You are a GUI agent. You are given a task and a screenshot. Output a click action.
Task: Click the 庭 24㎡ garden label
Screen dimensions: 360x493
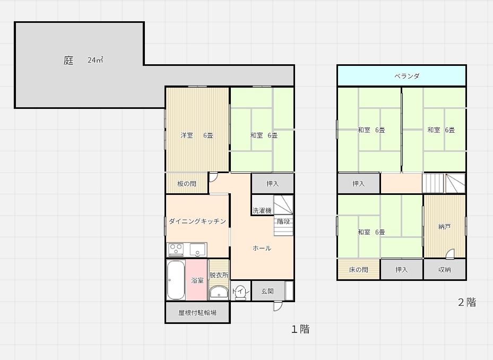83,61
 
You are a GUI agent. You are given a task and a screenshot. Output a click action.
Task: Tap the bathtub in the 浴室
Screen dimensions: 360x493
176,280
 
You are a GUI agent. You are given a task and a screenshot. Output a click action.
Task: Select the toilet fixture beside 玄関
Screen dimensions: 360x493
240,293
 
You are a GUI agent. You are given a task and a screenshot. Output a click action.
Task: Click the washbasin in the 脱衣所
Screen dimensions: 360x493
218,292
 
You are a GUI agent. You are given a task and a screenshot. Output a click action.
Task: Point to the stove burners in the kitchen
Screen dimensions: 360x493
176,248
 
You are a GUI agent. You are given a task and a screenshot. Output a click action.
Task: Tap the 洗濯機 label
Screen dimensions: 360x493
262,210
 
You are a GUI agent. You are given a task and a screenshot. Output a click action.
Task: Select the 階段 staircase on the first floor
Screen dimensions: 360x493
283,215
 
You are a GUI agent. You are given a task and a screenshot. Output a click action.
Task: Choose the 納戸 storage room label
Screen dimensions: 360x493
445,227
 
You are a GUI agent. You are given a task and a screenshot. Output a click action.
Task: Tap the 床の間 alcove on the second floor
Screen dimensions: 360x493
358,270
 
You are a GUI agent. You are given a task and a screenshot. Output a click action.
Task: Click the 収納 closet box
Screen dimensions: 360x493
445,270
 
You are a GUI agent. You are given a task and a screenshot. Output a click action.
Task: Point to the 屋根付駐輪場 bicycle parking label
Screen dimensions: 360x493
197,313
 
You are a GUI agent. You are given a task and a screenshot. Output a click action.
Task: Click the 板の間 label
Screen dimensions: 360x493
187,184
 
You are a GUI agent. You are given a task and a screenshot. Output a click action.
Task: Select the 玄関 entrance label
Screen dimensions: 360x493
267,291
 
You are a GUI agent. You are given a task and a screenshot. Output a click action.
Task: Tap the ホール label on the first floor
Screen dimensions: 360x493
262,248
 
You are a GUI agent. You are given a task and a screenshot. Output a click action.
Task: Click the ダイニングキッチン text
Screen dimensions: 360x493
197,221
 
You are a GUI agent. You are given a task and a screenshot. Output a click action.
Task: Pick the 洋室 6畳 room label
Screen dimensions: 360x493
196,135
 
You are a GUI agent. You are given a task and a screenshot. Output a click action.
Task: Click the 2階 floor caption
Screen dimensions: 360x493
467,302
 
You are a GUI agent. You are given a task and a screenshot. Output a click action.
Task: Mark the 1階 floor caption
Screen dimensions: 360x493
300,329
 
